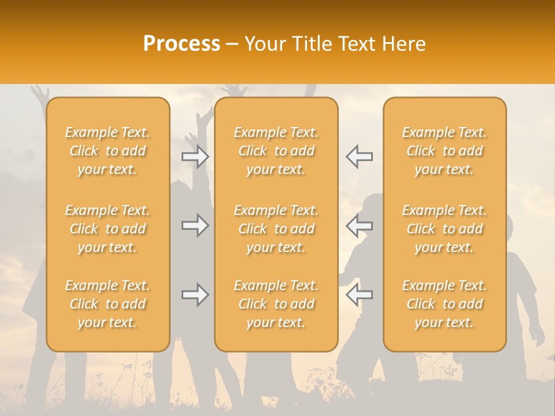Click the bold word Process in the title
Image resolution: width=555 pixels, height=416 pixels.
[x=182, y=44]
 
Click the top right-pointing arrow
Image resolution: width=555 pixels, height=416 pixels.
[x=195, y=157]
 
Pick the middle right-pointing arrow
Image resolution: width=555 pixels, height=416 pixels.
[x=195, y=225]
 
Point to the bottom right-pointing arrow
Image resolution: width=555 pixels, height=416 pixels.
[x=195, y=295]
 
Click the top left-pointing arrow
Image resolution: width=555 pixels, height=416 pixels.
[x=360, y=157]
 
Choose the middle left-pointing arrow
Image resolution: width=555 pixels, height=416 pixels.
[x=360, y=225]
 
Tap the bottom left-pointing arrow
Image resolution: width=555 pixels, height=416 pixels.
[x=360, y=295]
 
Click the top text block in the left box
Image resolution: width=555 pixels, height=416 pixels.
[x=108, y=151]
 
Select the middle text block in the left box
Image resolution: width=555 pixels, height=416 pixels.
[x=108, y=229]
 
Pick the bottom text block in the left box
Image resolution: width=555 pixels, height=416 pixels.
[x=108, y=304]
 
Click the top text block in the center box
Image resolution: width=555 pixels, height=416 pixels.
[x=276, y=151]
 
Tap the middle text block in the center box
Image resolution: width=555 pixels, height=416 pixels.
[x=276, y=229]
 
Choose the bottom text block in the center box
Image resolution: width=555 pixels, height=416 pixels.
[x=276, y=304]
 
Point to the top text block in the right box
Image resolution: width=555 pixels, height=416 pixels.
[x=445, y=151]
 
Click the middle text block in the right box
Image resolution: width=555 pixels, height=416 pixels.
[x=445, y=229]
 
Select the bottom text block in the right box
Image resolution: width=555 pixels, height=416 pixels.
[x=445, y=304]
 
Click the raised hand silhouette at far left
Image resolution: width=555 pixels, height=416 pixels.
[x=39, y=93]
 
